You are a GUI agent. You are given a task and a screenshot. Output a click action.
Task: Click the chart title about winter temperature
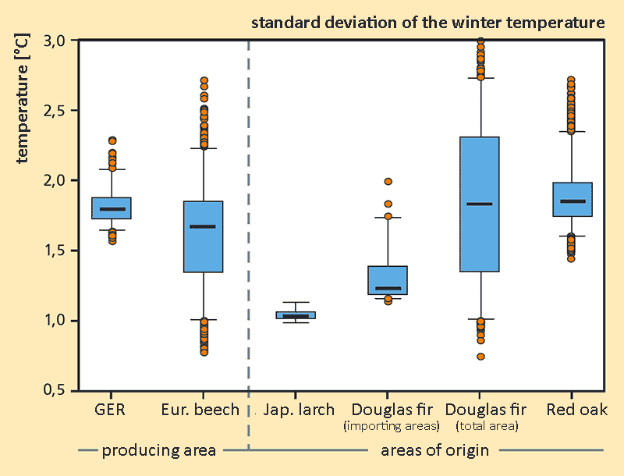click(x=427, y=23)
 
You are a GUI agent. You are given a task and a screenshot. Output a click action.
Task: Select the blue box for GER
click(x=112, y=208)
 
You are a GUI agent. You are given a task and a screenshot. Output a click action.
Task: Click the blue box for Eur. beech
click(x=203, y=236)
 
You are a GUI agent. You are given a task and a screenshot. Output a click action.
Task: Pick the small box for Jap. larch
click(x=296, y=315)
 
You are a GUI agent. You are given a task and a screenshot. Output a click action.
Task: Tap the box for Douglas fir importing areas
click(x=387, y=280)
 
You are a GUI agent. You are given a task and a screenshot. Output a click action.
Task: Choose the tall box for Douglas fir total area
click(x=480, y=204)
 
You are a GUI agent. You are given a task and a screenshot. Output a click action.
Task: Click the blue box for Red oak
click(x=573, y=199)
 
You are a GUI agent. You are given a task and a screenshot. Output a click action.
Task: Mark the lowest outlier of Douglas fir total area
click(x=480, y=357)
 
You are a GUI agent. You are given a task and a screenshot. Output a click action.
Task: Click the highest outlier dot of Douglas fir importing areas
click(x=388, y=182)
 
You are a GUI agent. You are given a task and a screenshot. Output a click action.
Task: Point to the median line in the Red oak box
click(x=573, y=201)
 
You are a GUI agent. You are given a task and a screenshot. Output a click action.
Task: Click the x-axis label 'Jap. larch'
click(x=299, y=410)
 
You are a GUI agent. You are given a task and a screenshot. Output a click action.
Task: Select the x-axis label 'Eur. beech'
click(x=200, y=410)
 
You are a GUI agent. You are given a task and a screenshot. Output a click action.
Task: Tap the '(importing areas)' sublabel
click(x=392, y=426)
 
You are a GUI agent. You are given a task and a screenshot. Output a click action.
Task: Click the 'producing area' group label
click(x=158, y=449)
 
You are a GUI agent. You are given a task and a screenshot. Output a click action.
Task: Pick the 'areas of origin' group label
click(x=434, y=449)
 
